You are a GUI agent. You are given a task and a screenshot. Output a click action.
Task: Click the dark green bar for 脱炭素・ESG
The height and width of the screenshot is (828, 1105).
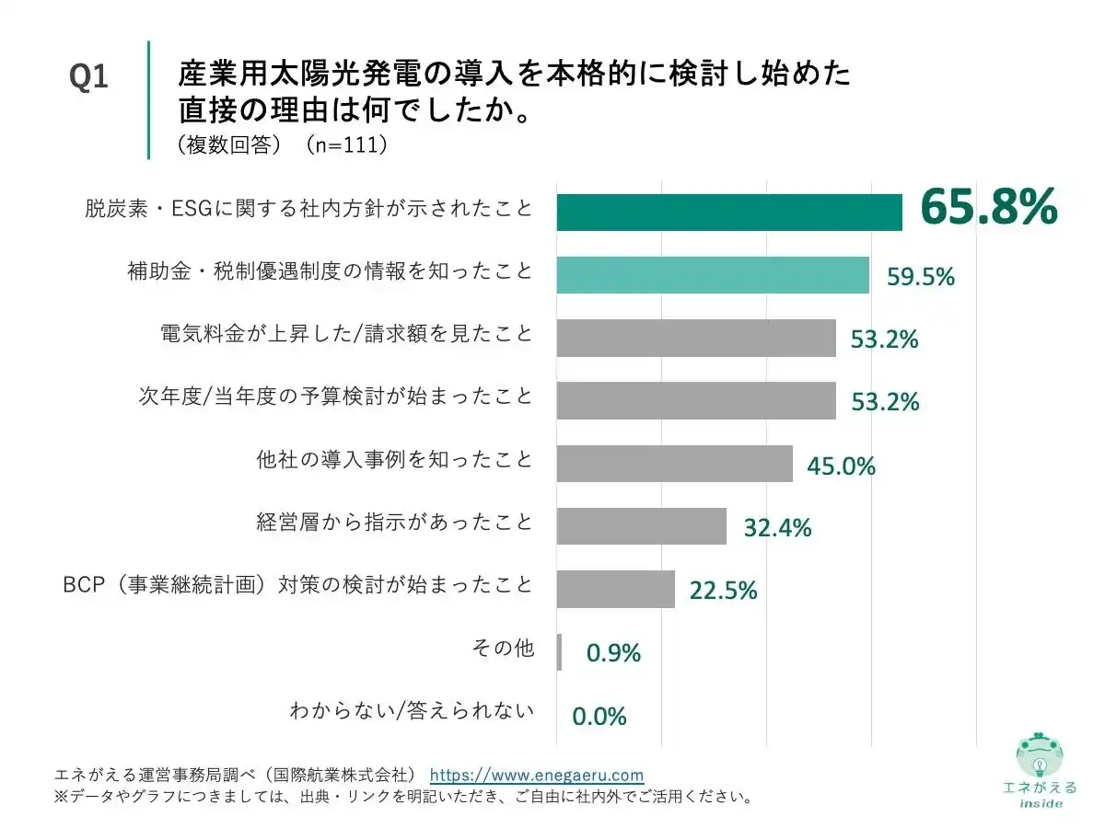point(728,213)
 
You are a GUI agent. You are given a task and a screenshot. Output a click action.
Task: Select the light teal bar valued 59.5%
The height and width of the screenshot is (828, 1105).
point(712,275)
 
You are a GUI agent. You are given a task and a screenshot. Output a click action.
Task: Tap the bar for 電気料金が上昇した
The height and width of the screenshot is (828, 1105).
point(695,338)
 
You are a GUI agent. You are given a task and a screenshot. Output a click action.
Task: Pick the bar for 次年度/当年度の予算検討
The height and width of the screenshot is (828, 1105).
point(695,400)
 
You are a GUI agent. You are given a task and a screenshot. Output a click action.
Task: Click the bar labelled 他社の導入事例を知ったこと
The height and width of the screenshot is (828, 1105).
point(674,463)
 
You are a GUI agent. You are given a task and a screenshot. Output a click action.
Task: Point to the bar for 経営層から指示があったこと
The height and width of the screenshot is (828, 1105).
point(641,525)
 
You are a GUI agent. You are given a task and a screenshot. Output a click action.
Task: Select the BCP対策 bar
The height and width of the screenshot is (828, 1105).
point(615,589)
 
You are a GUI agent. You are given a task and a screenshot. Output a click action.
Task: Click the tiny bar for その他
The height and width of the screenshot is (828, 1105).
point(559,651)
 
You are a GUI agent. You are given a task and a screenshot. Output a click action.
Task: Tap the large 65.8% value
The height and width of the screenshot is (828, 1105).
point(988,208)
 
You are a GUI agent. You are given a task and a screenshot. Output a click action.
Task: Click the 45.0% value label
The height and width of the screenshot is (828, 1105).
point(841,466)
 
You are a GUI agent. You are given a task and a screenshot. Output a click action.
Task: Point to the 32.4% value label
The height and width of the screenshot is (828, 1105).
point(777,528)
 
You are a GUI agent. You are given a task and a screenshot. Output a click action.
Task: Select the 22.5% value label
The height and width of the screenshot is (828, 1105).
point(723,591)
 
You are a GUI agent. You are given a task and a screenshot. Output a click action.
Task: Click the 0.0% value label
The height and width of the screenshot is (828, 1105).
point(599,716)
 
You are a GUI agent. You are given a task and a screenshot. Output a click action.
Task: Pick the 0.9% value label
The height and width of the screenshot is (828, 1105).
point(613,653)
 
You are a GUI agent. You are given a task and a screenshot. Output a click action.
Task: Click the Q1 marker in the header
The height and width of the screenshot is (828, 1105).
point(89,78)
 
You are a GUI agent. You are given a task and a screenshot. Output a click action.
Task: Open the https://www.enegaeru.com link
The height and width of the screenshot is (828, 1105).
point(537,775)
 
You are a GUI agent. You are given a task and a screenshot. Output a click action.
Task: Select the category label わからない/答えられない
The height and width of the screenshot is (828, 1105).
point(411,710)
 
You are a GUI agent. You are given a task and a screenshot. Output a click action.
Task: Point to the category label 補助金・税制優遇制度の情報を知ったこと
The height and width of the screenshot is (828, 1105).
point(330,271)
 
